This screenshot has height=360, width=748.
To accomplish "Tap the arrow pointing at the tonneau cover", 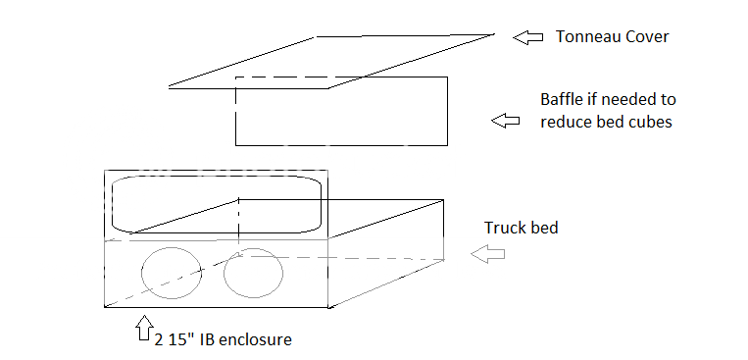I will [x=528, y=37].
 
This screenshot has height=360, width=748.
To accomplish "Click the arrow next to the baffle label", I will [x=506, y=121].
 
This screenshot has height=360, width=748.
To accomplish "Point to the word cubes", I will [x=651, y=123].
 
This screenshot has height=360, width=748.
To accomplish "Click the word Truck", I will [x=506, y=228].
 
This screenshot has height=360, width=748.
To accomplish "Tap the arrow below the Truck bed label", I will [x=487, y=254].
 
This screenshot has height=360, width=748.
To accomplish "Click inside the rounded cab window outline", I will [x=217, y=205].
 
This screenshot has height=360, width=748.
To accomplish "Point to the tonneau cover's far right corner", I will [x=494, y=34].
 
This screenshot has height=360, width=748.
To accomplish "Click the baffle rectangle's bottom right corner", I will [x=448, y=145].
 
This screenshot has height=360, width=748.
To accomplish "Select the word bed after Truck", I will [x=542, y=228].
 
